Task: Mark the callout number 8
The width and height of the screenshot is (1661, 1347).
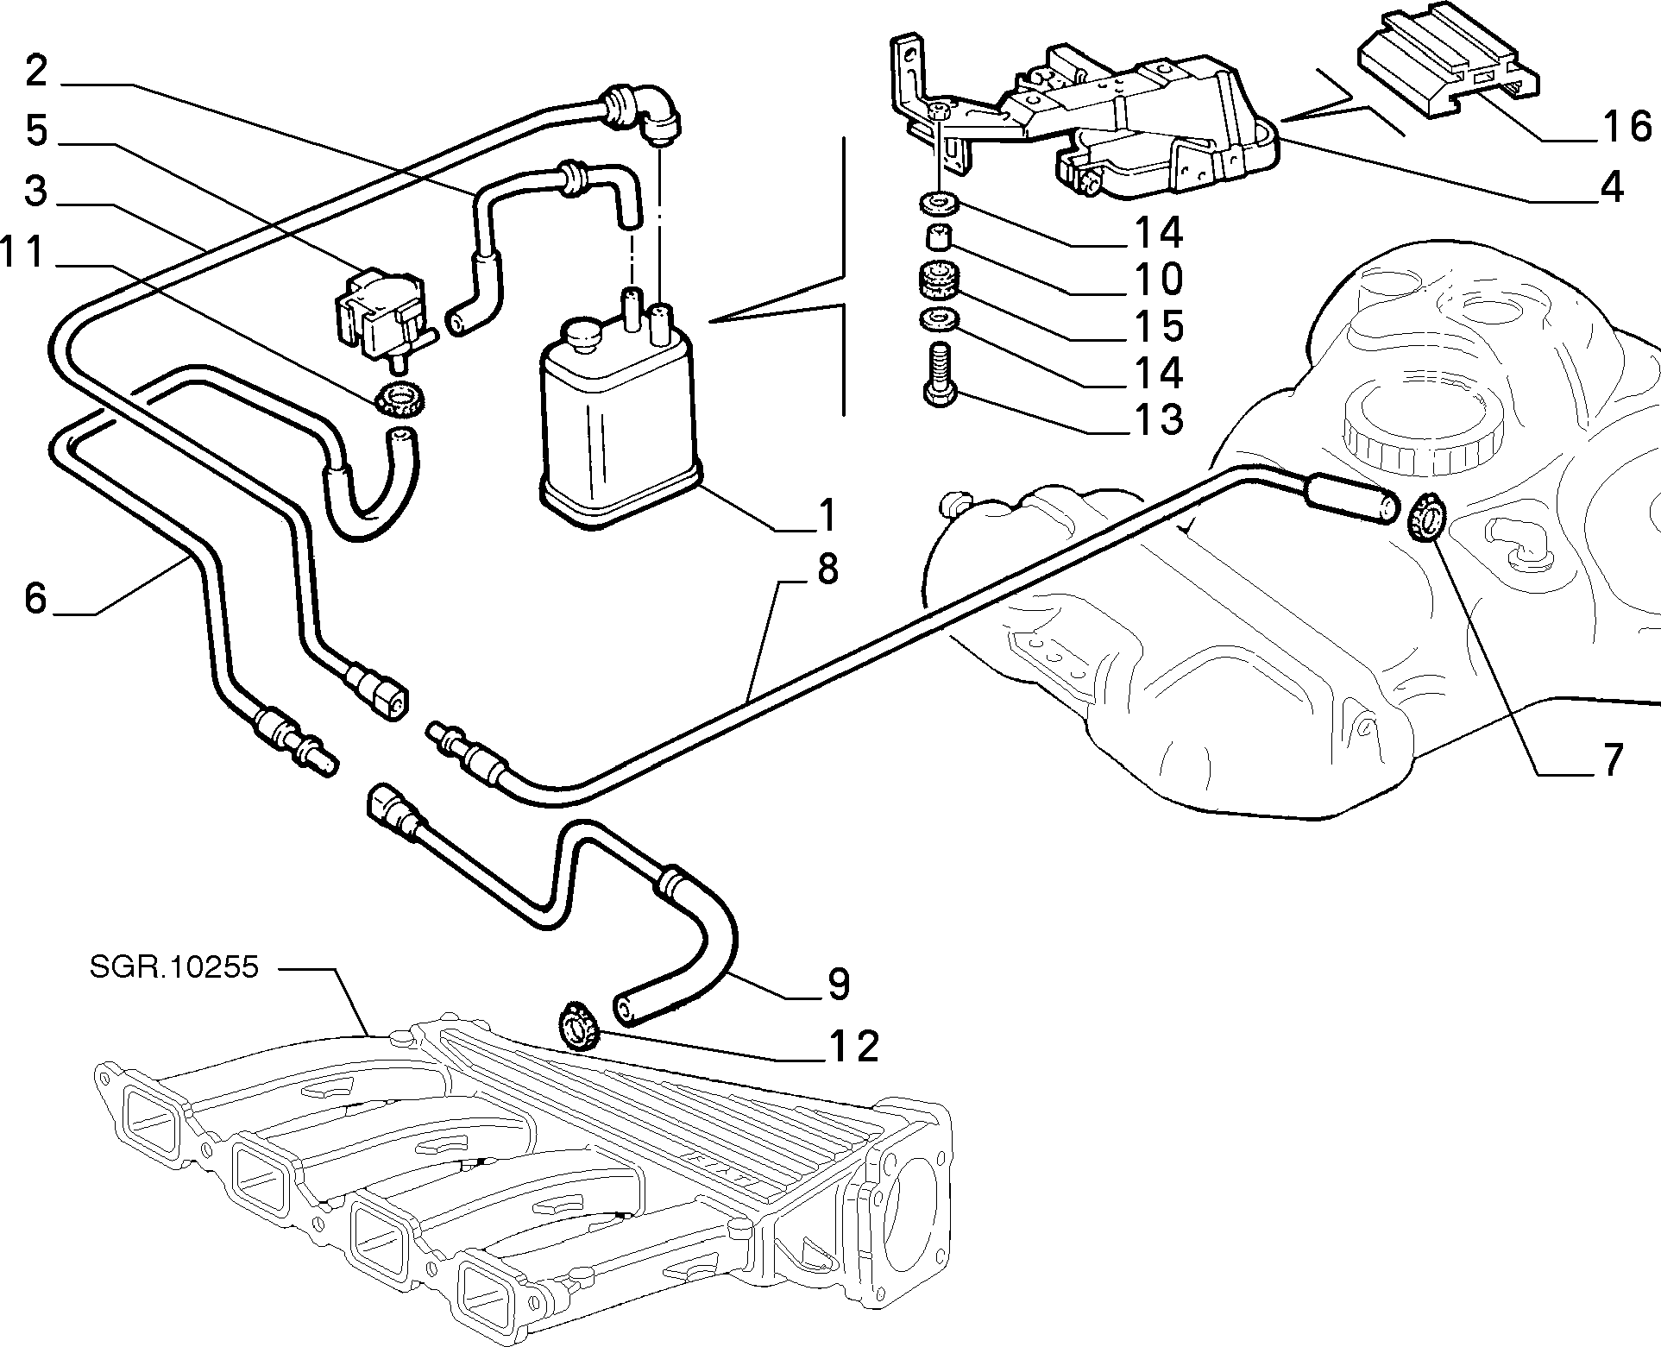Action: click(827, 570)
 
